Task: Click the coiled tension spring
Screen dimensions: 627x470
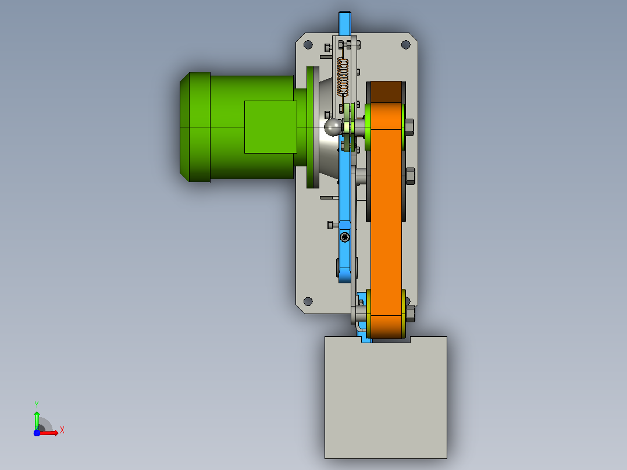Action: (x=343, y=77)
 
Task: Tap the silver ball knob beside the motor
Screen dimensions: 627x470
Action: (x=332, y=127)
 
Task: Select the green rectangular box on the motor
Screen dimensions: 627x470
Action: (x=270, y=127)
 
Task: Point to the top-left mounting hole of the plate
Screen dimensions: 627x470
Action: (x=308, y=44)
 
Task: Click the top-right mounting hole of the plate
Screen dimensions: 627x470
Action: (x=405, y=44)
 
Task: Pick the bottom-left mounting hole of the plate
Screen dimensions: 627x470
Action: (x=308, y=301)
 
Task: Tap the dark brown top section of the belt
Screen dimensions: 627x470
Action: (x=386, y=92)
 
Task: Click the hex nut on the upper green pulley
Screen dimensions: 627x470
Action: (x=409, y=127)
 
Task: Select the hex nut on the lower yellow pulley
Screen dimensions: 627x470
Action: (x=410, y=313)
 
